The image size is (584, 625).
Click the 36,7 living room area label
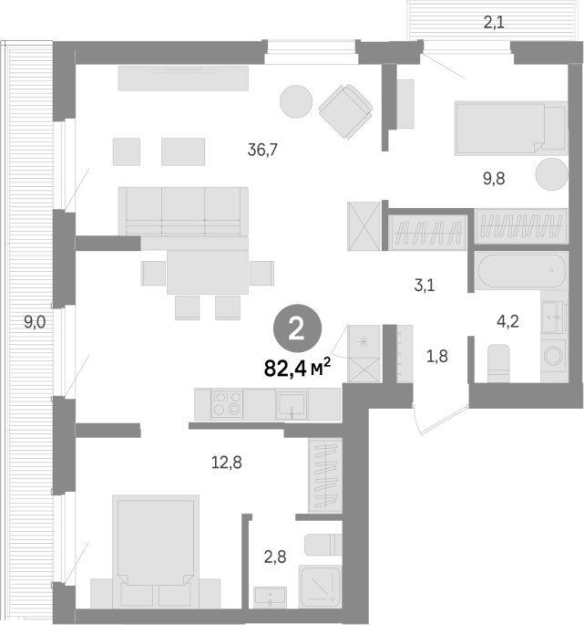(x=262, y=150)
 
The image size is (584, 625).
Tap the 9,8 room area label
(x=494, y=179)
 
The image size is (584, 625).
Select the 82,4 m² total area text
(x=297, y=368)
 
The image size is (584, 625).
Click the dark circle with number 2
(x=297, y=328)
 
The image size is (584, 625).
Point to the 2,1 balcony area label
(x=494, y=23)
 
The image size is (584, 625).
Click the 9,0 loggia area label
(x=35, y=322)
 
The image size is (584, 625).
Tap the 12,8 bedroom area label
(x=227, y=463)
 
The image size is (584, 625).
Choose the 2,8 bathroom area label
(x=275, y=557)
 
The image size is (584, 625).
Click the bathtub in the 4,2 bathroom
(x=521, y=271)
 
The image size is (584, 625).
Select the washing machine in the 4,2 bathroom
(x=554, y=356)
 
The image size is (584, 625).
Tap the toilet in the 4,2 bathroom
(x=498, y=363)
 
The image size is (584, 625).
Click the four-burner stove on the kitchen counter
(x=227, y=404)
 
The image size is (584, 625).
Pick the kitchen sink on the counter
(x=292, y=405)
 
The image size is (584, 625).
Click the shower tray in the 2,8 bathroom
(x=321, y=587)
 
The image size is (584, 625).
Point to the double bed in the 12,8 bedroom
(x=156, y=552)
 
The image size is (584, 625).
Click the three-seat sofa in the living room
(x=183, y=212)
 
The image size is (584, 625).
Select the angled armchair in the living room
(x=345, y=111)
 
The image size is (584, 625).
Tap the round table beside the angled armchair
(x=296, y=101)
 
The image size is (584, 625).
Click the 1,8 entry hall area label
(x=437, y=356)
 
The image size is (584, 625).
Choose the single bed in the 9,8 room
(x=511, y=129)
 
